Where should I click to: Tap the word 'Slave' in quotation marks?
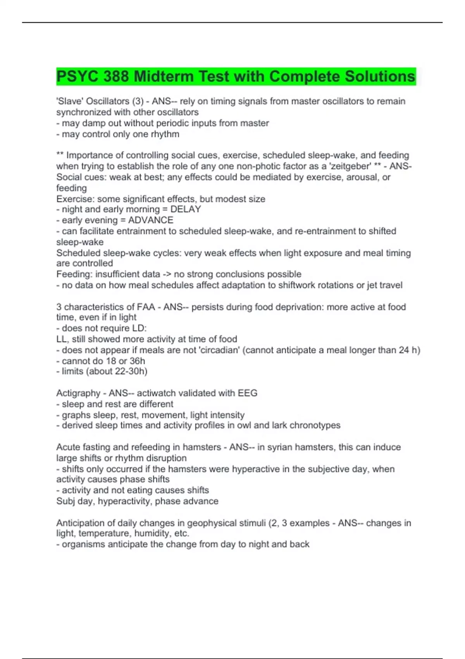69,101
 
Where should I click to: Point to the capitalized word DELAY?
186,209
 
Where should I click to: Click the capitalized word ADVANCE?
151,220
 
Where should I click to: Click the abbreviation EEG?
248,393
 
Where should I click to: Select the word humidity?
152,533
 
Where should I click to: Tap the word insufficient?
127,274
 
